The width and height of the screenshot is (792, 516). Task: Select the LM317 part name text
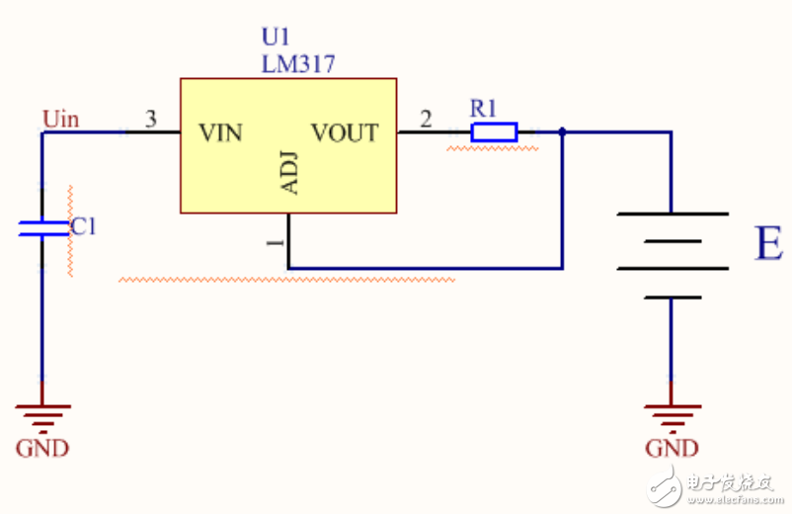(x=298, y=64)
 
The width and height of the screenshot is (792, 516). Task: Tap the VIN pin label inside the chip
(x=220, y=131)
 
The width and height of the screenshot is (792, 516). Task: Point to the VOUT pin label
(x=345, y=131)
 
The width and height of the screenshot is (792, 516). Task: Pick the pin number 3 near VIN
(x=150, y=120)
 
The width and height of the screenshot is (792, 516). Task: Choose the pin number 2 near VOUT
(x=426, y=120)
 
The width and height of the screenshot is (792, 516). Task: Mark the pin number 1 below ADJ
(x=277, y=242)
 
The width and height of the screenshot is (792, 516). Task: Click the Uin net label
(x=60, y=120)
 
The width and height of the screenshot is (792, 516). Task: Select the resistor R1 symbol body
(x=494, y=131)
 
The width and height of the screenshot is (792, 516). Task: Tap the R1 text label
(x=484, y=106)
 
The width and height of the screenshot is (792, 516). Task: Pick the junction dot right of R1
(x=562, y=131)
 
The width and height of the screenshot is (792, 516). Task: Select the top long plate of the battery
(x=672, y=214)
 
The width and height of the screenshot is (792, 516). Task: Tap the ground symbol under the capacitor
(x=41, y=414)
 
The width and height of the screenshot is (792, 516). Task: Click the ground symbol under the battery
(x=672, y=414)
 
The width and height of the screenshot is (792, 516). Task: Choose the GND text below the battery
(x=672, y=448)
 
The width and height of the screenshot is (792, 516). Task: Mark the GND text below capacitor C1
(x=42, y=448)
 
